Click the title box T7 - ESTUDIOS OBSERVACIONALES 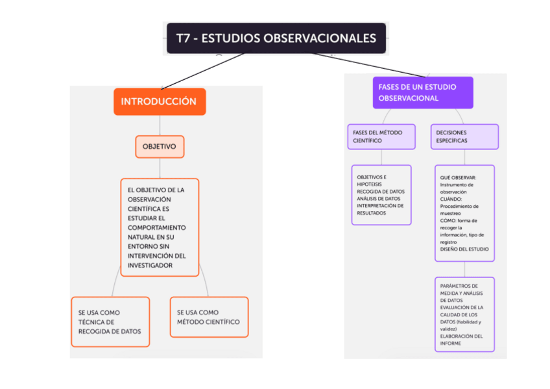pyautogui.click(x=276, y=38)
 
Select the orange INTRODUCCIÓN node pyautogui.click(x=159, y=101)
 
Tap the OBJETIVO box pyautogui.click(x=160, y=146)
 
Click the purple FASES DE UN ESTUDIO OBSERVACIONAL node pyautogui.click(x=422, y=92)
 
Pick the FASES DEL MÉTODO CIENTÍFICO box pyautogui.click(x=381, y=136)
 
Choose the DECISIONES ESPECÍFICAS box pyautogui.click(x=464, y=136)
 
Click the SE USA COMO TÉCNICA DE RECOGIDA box pyautogui.click(x=110, y=321)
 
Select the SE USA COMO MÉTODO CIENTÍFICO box pyautogui.click(x=209, y=317)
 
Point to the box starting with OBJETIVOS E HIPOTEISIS pyautogui.click(x=381, y=195)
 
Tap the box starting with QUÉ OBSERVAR pyautogui.click(x=464, y=213)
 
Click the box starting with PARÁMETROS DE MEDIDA pyautogui.click(x=464, y=314)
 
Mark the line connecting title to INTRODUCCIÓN pyautogui.click(x=202, y=71)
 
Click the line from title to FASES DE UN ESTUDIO pyautogui.click(x=370, y=66)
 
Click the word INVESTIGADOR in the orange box pyautogui.click(x=150, y=266)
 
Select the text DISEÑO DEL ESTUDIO pyautogui.click(x=464, y=249)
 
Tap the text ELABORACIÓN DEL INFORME pyautogui.click(x=461, y=340)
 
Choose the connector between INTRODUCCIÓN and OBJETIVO pyautogui.click(x=160, y=125)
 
